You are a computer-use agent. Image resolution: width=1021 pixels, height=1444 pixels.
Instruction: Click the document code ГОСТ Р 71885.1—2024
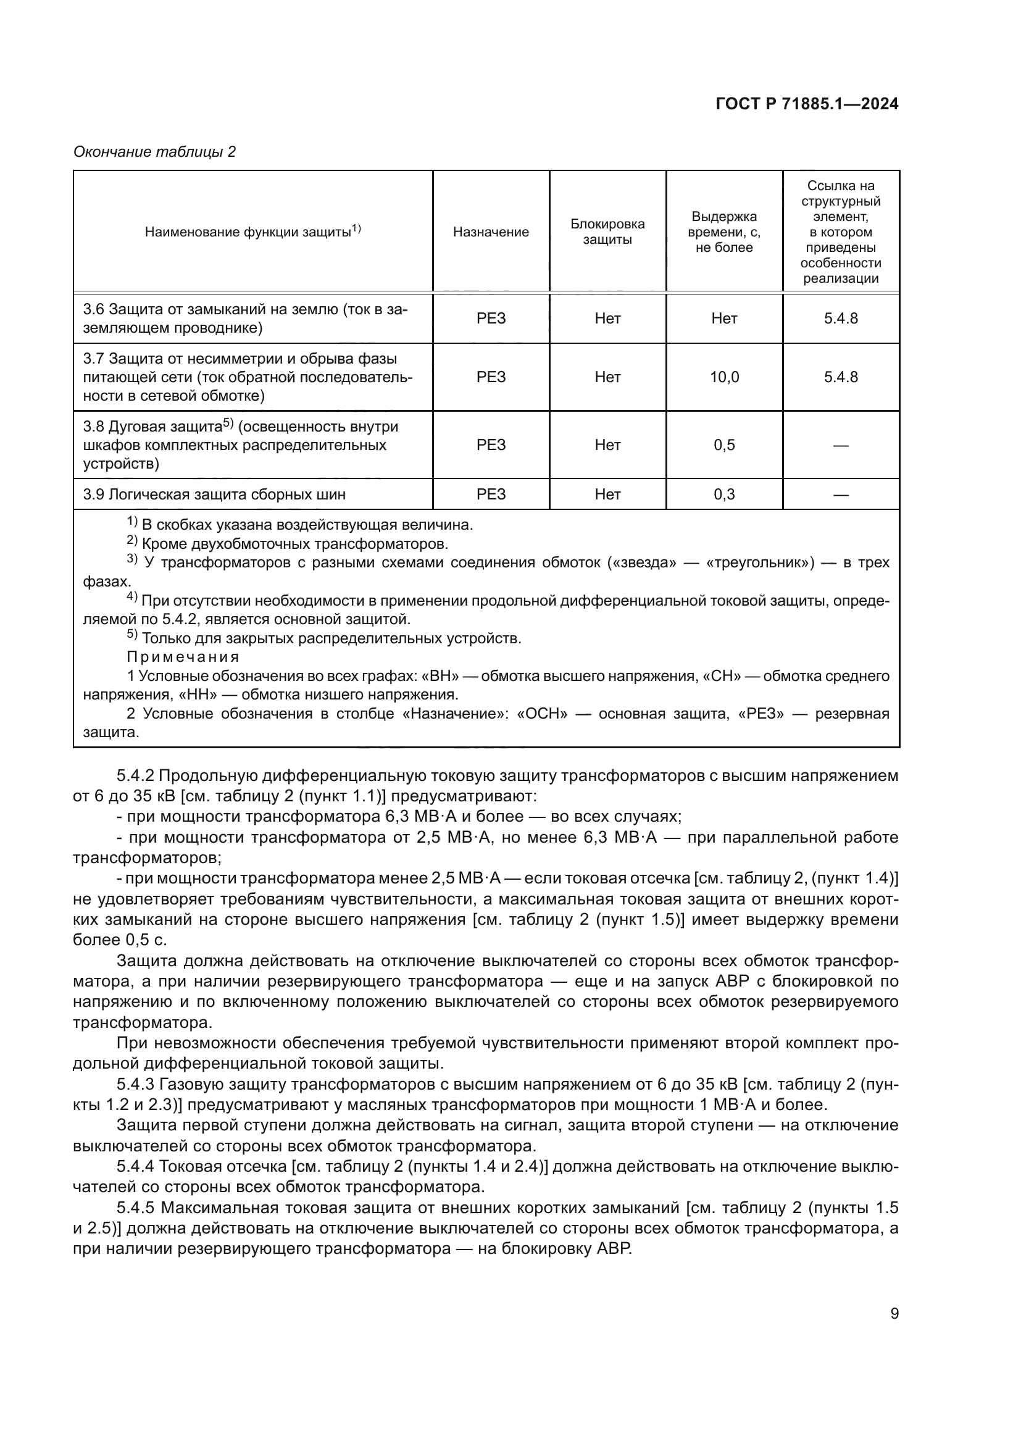point(807,104)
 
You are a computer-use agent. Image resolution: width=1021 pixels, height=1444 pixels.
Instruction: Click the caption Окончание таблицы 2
point(155,152)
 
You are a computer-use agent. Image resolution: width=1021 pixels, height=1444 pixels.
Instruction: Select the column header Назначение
point(490,232)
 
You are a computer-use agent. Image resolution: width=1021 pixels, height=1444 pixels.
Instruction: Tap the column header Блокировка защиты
point(607,232)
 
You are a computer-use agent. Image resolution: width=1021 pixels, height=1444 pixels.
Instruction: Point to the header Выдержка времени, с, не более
point(723,232)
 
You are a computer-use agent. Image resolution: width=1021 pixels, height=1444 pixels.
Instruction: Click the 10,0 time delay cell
point(724,377)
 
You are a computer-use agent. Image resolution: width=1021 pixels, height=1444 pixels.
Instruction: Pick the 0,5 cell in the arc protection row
point(724,445)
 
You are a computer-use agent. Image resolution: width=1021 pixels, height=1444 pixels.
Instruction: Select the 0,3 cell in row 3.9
point(724,495)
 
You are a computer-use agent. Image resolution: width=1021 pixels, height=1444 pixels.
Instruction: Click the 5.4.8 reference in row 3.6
point(841,318)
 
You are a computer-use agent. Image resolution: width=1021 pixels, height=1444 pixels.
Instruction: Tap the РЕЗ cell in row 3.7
point(490,377)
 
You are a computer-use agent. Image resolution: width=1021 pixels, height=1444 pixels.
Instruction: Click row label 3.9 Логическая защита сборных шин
point(214,495)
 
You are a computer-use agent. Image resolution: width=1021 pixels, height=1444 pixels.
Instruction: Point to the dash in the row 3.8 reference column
point(841,446)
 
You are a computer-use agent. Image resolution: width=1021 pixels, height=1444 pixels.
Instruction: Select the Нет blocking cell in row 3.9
point(607,495)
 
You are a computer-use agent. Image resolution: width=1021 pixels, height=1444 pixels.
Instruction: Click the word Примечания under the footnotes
point(183,657)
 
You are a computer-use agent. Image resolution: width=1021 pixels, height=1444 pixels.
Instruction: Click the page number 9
point(894,1314)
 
